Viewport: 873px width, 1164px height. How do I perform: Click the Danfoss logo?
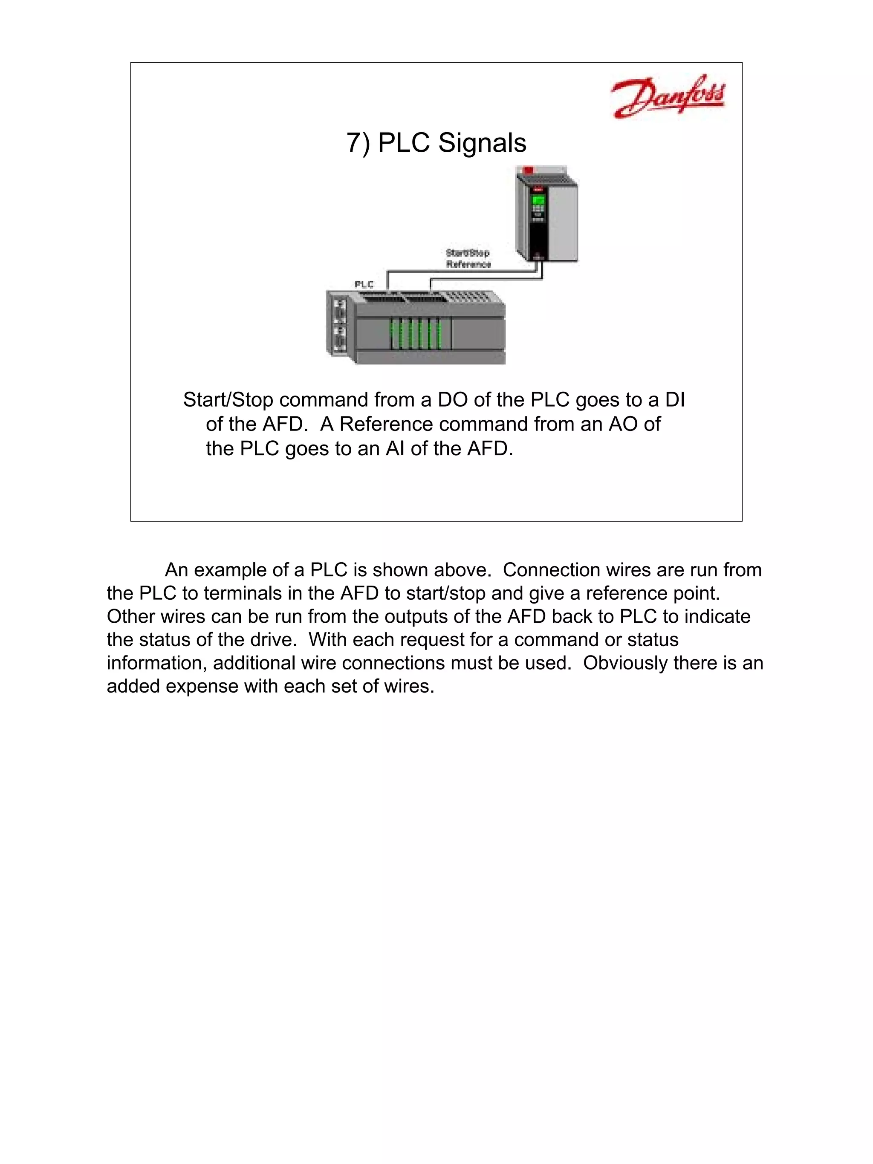[x=667, y=97]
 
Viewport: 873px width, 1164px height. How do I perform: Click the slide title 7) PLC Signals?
[x=436, y=143]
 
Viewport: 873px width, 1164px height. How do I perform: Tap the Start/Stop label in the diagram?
[x=467, y=253]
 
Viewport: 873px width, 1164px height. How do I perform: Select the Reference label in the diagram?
[x=468, y=264]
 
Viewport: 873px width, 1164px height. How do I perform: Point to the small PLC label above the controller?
[x=364, y=284]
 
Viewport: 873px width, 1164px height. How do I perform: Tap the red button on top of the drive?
[x=528, y=170]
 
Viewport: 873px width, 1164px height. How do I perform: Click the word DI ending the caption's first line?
[x=675, y=400]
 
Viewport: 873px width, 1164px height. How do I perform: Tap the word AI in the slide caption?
[x=395, y=448]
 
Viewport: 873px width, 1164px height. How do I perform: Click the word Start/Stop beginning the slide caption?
[x=228, y=400]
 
